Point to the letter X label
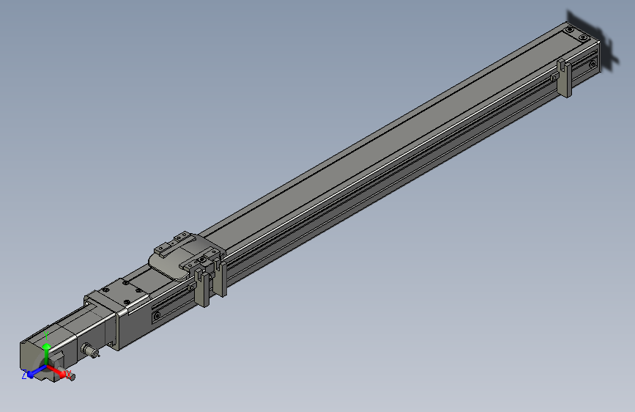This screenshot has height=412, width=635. coord(70,375)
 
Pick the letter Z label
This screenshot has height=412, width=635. coord(24,374)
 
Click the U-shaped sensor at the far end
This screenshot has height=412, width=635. coord(564,78)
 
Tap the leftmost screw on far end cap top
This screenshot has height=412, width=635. coord(568,29)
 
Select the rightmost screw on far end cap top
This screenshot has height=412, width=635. coord(584,37)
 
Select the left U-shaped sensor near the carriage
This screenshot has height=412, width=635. coord(199,284)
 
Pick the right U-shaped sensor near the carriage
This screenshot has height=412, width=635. coord(219,276)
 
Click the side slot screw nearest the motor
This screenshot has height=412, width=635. coord(156,316)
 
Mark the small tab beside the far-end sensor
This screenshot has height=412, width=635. coord(553,76)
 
